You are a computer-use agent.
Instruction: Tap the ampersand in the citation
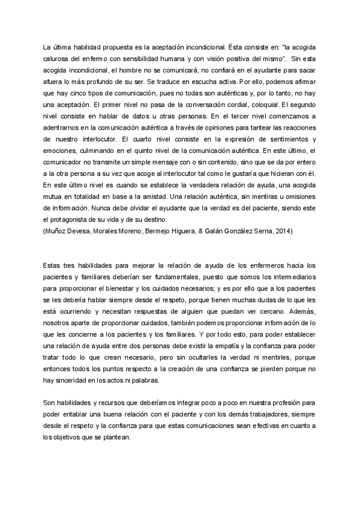coord(197,231)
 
